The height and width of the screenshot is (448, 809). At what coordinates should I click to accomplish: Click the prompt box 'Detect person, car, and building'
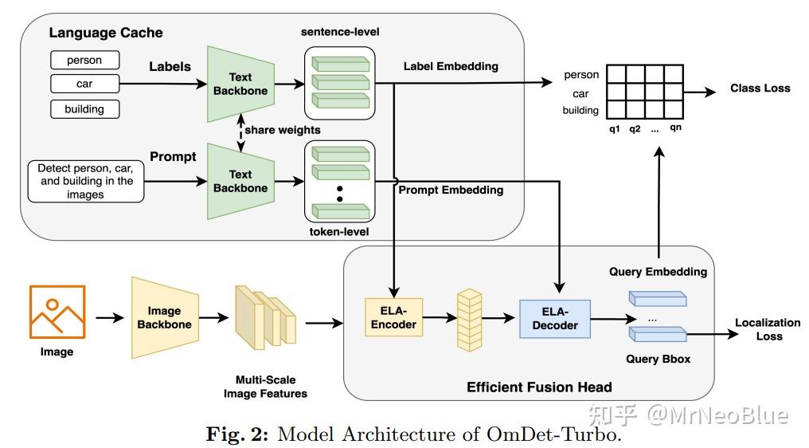point(80,181)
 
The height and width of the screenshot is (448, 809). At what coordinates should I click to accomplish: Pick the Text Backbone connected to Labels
point(240,84)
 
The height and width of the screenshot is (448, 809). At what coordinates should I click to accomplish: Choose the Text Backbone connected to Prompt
point(240,181)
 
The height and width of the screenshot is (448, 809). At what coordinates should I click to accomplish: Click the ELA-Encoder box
point(393,318)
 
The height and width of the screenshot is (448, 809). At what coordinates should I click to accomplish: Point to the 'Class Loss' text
point(760,88)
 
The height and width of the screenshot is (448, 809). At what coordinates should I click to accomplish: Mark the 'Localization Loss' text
point(768,329)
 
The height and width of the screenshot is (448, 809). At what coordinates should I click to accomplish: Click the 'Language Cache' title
point(106,33)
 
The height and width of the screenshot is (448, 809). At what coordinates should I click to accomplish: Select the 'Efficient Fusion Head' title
point(539,387)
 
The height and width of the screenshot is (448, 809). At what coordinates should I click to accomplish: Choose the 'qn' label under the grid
point(675,128)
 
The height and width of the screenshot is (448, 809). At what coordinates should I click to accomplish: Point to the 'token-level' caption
point(339,231)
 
